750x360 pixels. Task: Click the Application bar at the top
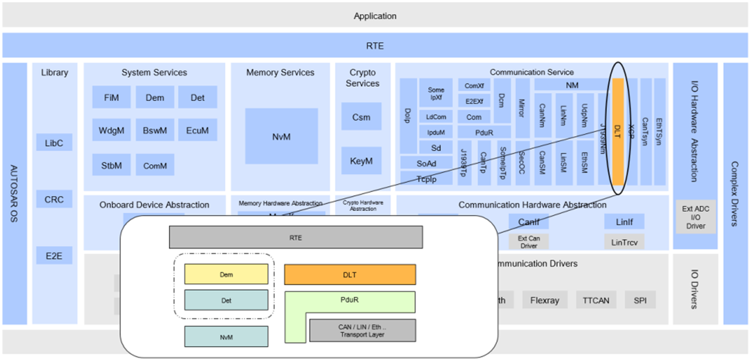[375, 16]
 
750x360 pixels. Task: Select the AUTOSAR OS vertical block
[15, 193]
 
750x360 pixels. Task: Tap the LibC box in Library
[54, 142]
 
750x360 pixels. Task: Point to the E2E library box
[54, 256]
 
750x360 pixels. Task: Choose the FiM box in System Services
[111, 97]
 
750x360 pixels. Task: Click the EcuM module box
[197, 130]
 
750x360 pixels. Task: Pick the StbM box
[111, 165]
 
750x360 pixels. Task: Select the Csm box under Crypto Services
[361, 117]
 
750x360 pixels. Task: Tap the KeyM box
[361, 161]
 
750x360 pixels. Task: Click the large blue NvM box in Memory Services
[281, 136]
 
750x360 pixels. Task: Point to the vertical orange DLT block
[618, 132]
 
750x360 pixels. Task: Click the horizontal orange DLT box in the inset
[350, 274]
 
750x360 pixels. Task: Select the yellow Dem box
[226, 274]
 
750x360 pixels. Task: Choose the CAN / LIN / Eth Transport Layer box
[362, 330]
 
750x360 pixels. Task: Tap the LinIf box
[624, 221]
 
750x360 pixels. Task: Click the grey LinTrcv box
[624, 242]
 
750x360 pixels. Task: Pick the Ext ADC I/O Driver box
[696, 217]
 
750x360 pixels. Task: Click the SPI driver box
[640, 300]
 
